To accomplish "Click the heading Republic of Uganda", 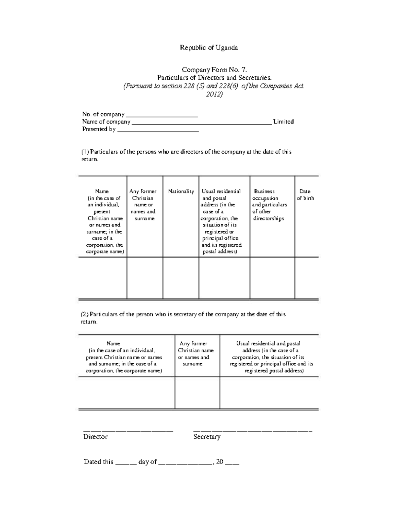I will pos(209,48).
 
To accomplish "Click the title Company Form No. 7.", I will pos(214,70).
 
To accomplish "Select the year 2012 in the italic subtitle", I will pos(214,94).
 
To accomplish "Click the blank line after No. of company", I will pos(161,115).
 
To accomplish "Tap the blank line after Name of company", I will pos(202,123).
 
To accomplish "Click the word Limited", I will pos(283,121).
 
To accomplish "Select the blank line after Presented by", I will pos(158,130).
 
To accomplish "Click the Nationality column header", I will pos(181,191).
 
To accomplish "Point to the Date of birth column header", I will pos(305,195).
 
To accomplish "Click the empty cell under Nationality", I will pos(181,278).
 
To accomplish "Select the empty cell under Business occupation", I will pos(272,278).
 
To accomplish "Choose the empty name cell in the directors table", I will pos(103,278).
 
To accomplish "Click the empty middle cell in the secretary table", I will pos(197,393).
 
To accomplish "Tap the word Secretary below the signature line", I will pos(207,437).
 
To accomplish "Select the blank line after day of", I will pos(185,463).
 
